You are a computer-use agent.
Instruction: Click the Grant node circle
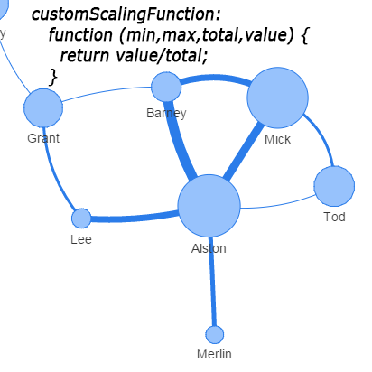[x=43, y=108]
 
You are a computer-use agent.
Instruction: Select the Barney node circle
[x=166, y=87]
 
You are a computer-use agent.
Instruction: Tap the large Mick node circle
[x=277, y=98]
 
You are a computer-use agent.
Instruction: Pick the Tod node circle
[x=334, y=186]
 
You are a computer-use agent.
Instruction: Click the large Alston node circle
[x=209, y=206]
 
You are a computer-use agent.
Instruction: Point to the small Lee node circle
[x=81, y=219]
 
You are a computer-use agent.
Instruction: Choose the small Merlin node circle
[x=215, y=334]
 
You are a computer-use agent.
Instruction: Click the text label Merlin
[x=214, y=354]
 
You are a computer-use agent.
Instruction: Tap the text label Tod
[x=334, y=217]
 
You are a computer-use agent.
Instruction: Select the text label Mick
[x=277, y=139]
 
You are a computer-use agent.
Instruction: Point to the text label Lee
[x=81, y=239]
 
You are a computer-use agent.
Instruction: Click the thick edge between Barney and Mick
[x=215, y=78]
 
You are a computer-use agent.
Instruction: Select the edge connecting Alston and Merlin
[x=212, y=282]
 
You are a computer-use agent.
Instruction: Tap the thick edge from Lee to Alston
[x=134, y=218]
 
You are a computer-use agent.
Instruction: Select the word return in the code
[x=85, y=56]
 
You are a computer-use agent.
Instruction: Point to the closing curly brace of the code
[x=53, y=77]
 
